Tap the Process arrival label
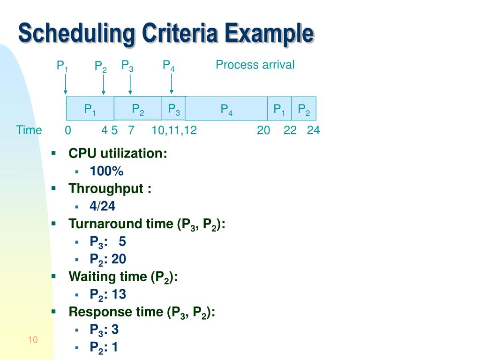[x=255, y=65]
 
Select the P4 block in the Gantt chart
[x=227, y=109]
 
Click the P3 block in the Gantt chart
[x=174, y=109]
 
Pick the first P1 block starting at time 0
[x=90, y=109]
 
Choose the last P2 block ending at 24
[x=304, y=109]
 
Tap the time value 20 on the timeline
[x=263, y=131]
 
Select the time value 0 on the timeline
[x=68, y=131]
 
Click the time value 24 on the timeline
[x=313, y=131]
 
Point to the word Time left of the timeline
[x=29, y=130]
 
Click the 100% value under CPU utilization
[x=107, y=172]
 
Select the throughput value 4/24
[x=103, y=206]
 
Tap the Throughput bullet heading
[x=110, y=189]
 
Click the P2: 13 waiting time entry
[x=108, y=294]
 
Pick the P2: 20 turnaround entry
[x=108, y=259]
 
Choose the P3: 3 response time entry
[x=104, y=330]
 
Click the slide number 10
[x=32, y=340]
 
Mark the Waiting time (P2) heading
[x=123, y=277]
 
